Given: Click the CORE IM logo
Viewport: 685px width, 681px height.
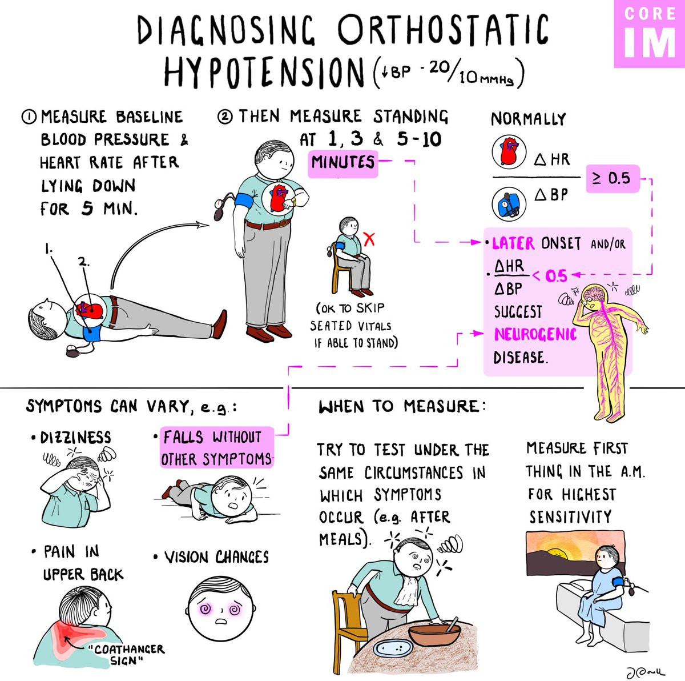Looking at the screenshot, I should tap(650, 34).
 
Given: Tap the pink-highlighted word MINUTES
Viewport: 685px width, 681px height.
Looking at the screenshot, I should tap(343, 163).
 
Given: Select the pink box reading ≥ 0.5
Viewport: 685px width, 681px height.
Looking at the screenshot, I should tap(612, 178).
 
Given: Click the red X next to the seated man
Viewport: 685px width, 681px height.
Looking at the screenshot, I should tap(369, 239).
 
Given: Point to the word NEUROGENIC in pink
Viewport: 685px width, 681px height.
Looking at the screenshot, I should tap(535, 334).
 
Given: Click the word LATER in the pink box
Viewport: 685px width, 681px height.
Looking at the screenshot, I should tap(513, 243).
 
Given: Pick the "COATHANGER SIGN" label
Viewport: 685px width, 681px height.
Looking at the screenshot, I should tap(128, 655).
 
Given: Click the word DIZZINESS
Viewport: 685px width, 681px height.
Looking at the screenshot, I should tap(75, 438).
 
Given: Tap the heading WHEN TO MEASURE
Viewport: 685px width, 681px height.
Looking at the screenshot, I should tap(402, 407).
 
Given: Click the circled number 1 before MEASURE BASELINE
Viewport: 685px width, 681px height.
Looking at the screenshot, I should tap(29, 118).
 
